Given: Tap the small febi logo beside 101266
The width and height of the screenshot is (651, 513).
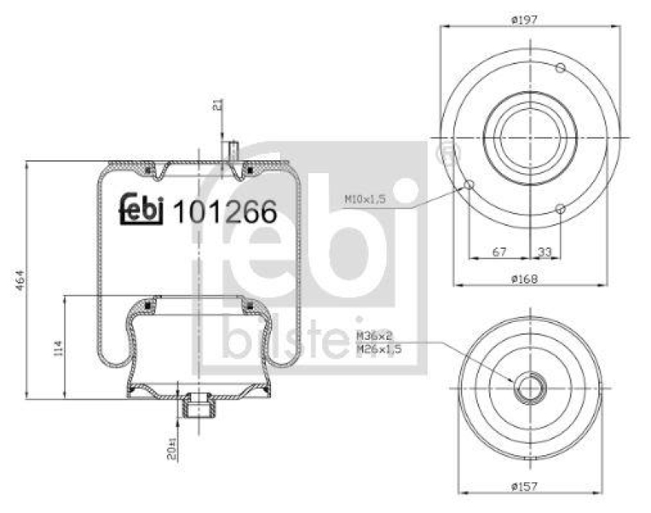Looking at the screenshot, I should (142, 211).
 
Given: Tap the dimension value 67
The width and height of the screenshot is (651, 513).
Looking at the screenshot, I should (500, 252).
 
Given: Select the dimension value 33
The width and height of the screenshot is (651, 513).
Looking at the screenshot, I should (544, 252).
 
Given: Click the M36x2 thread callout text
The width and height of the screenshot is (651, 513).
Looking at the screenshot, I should (374, 336).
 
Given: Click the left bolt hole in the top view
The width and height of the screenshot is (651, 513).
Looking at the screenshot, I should (469, 186).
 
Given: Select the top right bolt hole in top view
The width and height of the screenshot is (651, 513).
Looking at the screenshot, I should (561, 67).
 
